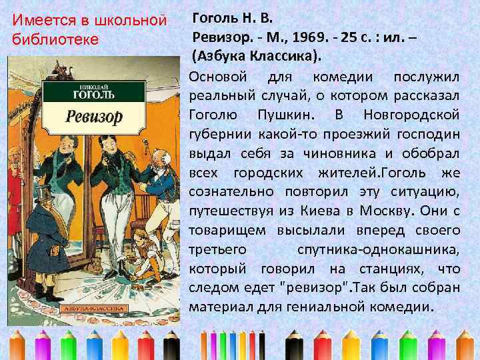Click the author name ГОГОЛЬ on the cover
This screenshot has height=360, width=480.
coord(95,95)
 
